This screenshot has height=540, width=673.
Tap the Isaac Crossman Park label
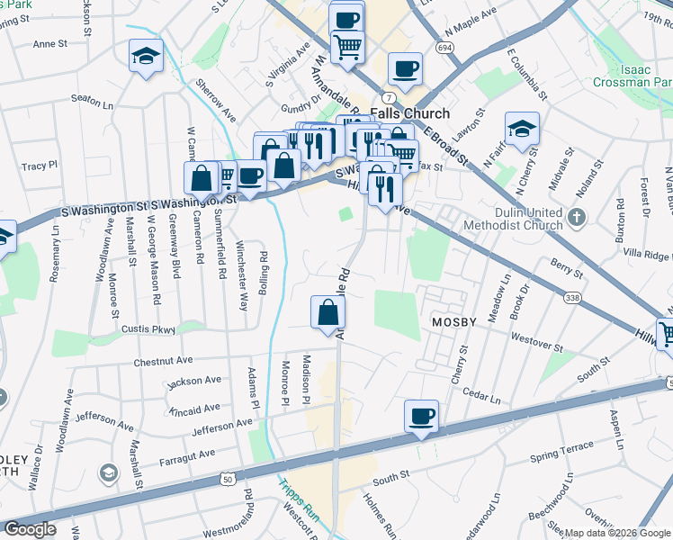point(633,74)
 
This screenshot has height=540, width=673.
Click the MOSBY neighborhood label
point(446,322)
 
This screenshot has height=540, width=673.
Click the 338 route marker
point(571,296)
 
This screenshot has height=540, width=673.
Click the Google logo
point(30,528)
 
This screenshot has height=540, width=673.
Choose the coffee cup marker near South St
point(421,417)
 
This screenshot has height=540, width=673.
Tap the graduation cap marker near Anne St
point(145,57)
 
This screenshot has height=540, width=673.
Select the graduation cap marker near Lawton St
point(521,128)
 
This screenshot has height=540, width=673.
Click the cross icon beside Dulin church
point(578,217)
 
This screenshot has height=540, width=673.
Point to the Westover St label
point(536,342)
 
